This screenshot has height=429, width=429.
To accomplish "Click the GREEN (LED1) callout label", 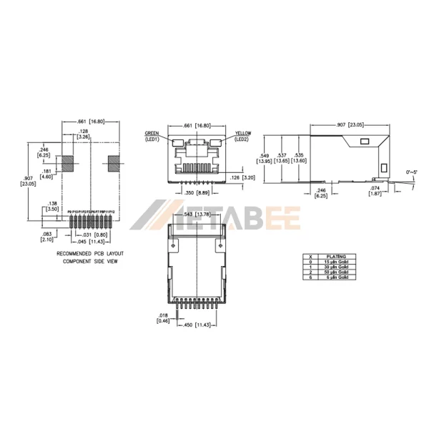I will [152, 136].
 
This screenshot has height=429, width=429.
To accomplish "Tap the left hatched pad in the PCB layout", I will [67, 164].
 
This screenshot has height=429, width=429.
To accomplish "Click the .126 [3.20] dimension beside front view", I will [242, 177].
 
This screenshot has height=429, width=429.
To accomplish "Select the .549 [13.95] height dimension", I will [265, 159].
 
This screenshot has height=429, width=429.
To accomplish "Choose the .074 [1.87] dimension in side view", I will [375, 190].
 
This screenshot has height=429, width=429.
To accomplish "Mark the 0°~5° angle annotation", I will [413, 172].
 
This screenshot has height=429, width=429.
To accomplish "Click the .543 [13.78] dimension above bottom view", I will [196, 214].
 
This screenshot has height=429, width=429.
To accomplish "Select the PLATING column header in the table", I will [335, 255].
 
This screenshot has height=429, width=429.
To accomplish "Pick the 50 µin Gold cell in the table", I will [335, 272].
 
